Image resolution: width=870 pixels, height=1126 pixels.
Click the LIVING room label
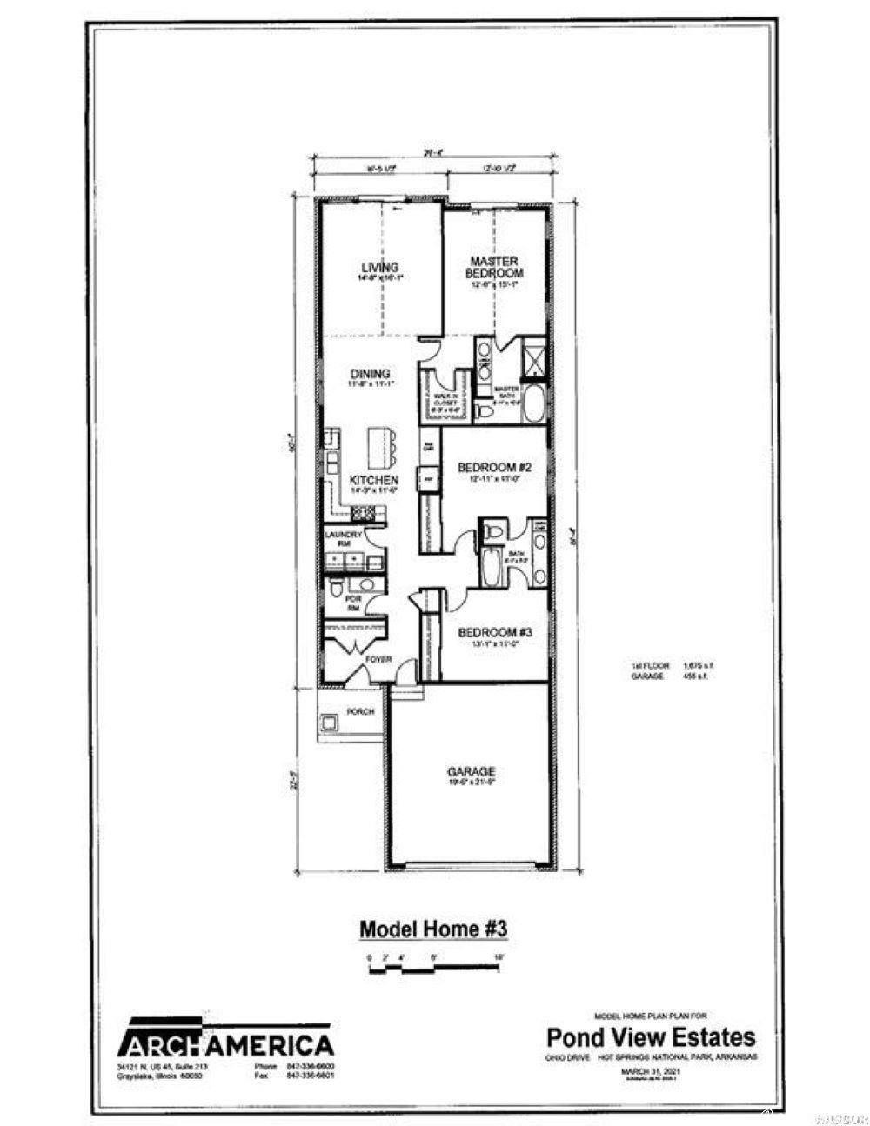(x=380, y=267)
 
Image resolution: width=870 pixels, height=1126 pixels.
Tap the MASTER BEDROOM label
(x=494, y=266)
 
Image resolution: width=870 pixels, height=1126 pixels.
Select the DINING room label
(x=370, y=374)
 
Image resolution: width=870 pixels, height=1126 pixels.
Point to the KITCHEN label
(x=374, y=480)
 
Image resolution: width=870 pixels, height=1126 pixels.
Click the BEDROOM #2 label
(x=494, y=467)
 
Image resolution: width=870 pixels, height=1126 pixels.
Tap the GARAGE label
(x=472, y=771)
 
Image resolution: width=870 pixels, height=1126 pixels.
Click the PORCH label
(x=360, y=711)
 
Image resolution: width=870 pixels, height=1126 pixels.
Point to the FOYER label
(x=378, y=660)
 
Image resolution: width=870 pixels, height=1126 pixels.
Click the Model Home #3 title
(x=433, y=929)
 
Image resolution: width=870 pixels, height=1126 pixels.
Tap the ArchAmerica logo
(x=225, y=1043)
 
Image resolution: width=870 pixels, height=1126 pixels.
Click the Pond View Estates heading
(x=651, y=1036)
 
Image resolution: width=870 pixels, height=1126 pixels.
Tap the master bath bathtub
(x=532, y=405)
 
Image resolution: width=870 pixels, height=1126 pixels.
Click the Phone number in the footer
(x=295, y=1066)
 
